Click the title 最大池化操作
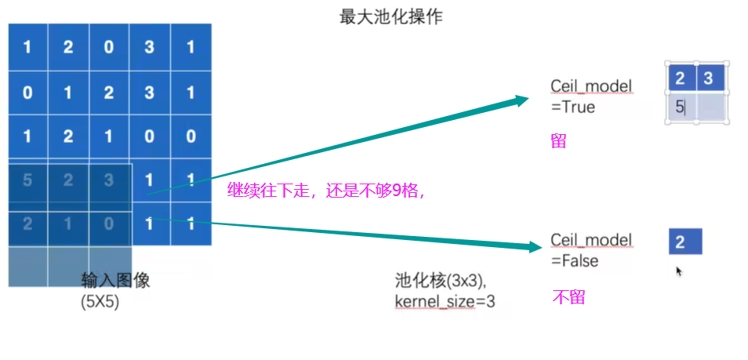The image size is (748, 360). click(390, 16)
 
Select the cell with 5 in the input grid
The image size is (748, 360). click(27, 180)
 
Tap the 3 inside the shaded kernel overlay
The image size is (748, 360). click(108, 180)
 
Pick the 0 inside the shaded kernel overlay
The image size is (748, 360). click(108, 224)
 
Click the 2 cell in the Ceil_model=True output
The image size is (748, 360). click(681, 78)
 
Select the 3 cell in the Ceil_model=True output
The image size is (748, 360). click(709, 78)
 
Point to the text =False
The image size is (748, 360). click(574, 260)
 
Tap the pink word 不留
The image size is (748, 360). click(568, 297)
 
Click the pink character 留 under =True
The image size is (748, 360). click(558, 141)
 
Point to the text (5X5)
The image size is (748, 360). click(100, 300)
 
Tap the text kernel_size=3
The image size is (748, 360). click(445, 300)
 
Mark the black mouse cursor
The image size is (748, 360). click(679, 271)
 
